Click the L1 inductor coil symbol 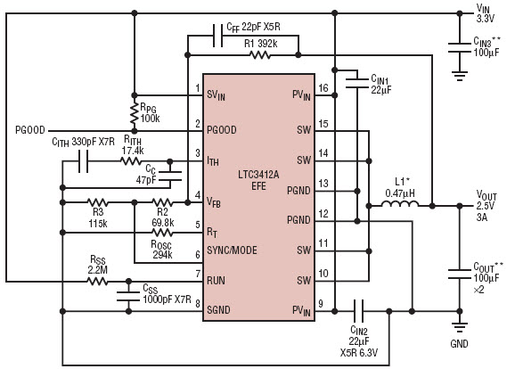[400, 204]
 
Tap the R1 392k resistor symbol [260, 55]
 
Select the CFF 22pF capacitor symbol [217, 36]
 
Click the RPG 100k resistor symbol [134, 113]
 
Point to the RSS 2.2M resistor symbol [97, 282]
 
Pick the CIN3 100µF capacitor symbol [460, 47]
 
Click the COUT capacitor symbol [460, 274]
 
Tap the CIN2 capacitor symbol [358, 311]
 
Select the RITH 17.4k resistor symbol [131, 161]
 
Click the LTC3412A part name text [258, 175]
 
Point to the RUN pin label [216, 281]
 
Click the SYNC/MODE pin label [232, 250]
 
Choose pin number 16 [323, 88]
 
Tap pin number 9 [321, 304]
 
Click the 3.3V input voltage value [485, 19]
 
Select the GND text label [459, 344]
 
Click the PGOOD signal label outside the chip [30, 130]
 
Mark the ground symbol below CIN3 [460, 76]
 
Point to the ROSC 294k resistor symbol [162, 233]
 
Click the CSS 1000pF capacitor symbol [128, 296]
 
